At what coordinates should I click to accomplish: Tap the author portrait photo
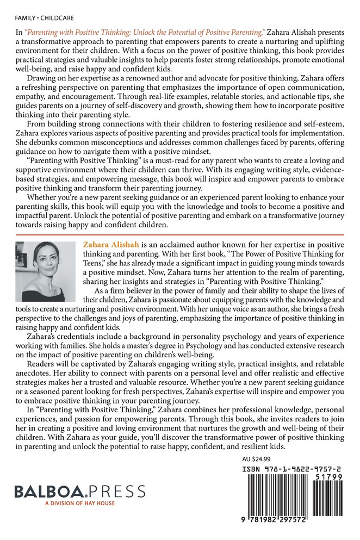[46, 272]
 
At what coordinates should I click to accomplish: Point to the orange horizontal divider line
[180, 234]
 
